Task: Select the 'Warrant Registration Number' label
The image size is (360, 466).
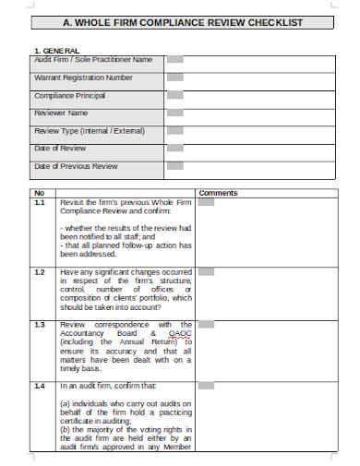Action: pos(83,78)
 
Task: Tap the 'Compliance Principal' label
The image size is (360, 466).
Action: pos(70,95)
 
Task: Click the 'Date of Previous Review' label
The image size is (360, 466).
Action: pos(76,166)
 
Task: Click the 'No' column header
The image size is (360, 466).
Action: pos(39,193)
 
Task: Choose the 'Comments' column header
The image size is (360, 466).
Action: pos(218,193)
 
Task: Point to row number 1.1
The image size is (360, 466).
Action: pos(40,201)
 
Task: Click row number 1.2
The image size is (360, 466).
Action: pos(40,272)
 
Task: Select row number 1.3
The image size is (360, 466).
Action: pos(40,325)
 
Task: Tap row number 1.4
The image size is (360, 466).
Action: pos(40,385)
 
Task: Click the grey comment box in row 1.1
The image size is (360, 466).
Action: pos(206,202)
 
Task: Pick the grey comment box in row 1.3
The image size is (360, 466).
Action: pos(206,325)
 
